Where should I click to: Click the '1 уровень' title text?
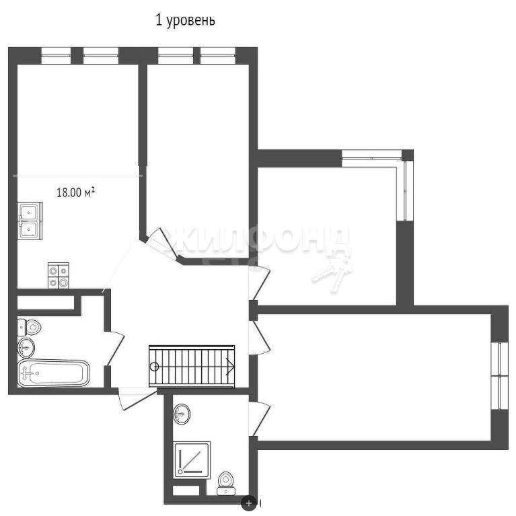185,21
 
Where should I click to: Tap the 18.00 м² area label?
76,192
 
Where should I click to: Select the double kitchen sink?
30,221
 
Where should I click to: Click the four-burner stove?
59,276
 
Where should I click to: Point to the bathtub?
53,373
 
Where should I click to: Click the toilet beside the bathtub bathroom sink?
29,327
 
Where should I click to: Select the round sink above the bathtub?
26,347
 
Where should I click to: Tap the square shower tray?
192,459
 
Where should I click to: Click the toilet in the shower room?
226,483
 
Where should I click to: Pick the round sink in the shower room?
182,414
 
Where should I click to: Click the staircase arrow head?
230,366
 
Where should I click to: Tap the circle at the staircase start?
154,366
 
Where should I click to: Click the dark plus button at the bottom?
248,503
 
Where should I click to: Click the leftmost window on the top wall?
56,55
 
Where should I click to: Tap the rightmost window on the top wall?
218,55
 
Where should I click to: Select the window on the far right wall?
500,375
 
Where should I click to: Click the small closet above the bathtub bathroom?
46,303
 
